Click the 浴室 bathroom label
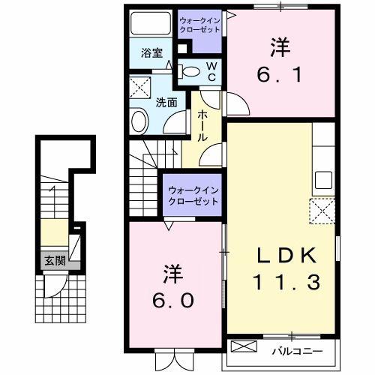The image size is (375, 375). click(x=152, y=53)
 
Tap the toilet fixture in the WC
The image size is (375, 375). click(x=191, y=73)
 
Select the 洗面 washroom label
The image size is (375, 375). click(x=166, y=103)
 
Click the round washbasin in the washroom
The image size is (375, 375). click(x=140, y=120)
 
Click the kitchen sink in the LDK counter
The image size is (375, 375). click(x=323, y=179)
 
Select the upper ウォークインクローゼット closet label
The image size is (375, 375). click(x=199, y=24)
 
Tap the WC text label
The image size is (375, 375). click(x=211, y=72)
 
